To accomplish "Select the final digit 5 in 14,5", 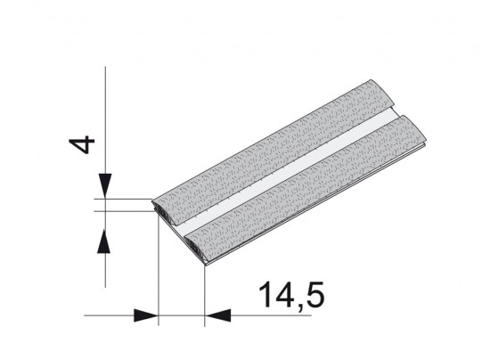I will tap(314, 295).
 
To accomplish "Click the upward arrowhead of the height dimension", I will tap(104, 238).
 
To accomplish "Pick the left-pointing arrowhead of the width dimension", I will tap(218, 315).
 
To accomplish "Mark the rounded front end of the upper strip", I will tap(164, 210).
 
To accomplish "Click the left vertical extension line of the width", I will tap(157, 267).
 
